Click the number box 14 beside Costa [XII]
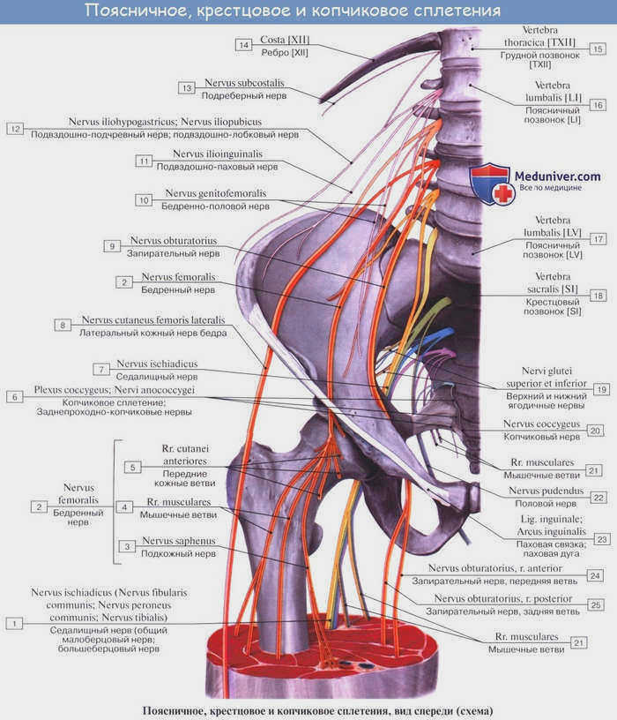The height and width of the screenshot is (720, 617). click(243, 45)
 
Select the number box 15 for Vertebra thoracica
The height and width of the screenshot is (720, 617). click(598, 49)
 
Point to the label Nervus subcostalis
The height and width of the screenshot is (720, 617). click(244, 83)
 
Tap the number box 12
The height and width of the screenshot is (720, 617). click(15, 129)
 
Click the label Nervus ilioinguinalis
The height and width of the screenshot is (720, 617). click(218, 154)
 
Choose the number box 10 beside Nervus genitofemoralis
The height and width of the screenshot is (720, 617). click(144, 200)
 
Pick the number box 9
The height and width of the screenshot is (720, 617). click(112, 246)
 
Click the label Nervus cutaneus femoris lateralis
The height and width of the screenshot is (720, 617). click(153, 320)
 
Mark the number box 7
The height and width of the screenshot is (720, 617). click(101, 369)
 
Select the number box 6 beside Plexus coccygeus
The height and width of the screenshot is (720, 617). click(15, 397)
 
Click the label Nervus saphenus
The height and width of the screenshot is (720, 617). click(178, 541)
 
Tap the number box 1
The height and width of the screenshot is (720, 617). click(14, 624)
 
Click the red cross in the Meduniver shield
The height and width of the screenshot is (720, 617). click(503, 194)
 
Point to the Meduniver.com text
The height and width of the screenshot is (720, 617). click(557, 176)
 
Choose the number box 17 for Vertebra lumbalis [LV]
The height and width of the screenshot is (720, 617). click(598, 239)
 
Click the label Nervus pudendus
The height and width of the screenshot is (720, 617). click(546, 491)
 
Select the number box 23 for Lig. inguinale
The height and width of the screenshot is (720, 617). click(602, 539)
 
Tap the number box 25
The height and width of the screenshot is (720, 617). click(596, 605)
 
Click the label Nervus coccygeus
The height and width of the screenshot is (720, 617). click(541, 424)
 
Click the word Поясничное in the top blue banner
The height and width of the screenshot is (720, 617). click(137, 10)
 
